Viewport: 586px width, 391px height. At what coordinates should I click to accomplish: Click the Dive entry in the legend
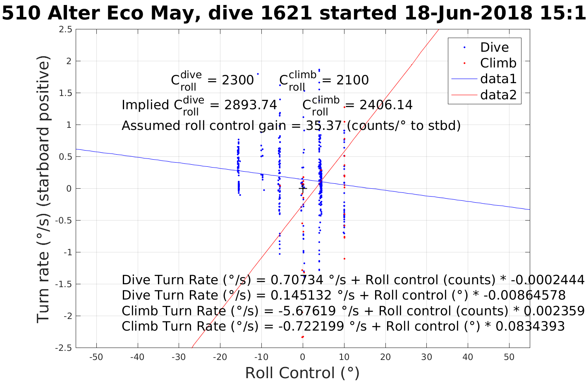(494, 47)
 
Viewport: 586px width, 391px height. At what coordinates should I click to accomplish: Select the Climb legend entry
(498, 63)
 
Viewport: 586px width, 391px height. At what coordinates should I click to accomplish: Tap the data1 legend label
(498, 79)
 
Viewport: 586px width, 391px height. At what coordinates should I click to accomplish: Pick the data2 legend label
(498, 95)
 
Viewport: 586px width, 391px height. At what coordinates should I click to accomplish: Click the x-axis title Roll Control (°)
(302, 373)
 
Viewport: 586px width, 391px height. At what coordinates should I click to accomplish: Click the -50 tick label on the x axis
(96, 357)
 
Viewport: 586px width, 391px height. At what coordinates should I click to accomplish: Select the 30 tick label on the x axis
(426, 357)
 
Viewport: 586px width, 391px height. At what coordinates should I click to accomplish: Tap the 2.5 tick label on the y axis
(65, 29)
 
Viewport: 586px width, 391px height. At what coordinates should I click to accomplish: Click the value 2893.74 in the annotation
(250, 105)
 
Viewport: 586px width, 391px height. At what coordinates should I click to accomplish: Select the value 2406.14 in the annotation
(386, 105)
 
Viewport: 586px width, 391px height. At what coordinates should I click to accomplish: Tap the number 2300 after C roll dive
(237, 80)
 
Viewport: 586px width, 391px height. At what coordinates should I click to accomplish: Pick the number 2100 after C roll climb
(352, 80)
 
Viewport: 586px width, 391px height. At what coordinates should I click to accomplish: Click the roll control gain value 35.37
(323, 125)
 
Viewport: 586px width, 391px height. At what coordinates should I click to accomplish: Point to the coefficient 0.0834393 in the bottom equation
(530, 326)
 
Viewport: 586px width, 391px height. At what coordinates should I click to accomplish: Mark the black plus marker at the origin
(303, 188)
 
